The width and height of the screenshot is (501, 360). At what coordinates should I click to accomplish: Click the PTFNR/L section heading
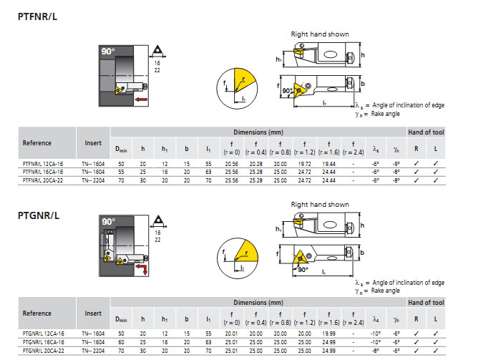[x=37, y=16]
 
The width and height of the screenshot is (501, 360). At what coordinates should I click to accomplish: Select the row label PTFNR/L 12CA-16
[x=43, y=164]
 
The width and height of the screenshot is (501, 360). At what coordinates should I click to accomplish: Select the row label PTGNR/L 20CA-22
[x=43, y=351]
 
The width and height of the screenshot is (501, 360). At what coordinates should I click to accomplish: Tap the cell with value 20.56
[x=231, y=164]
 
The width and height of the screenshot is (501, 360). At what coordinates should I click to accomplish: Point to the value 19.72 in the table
[x=304, y=164]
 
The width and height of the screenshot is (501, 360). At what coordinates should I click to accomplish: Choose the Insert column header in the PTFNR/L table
[x=94, y=142]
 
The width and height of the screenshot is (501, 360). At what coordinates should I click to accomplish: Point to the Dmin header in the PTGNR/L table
[x=121, y=319]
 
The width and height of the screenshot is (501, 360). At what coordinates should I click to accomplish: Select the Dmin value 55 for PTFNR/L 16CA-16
[x=121, y=172]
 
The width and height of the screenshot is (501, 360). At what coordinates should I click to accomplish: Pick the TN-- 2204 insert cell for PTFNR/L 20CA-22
[x=94, y=180]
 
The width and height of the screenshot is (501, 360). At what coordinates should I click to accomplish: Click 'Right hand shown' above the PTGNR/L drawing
[x=319, y=205]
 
